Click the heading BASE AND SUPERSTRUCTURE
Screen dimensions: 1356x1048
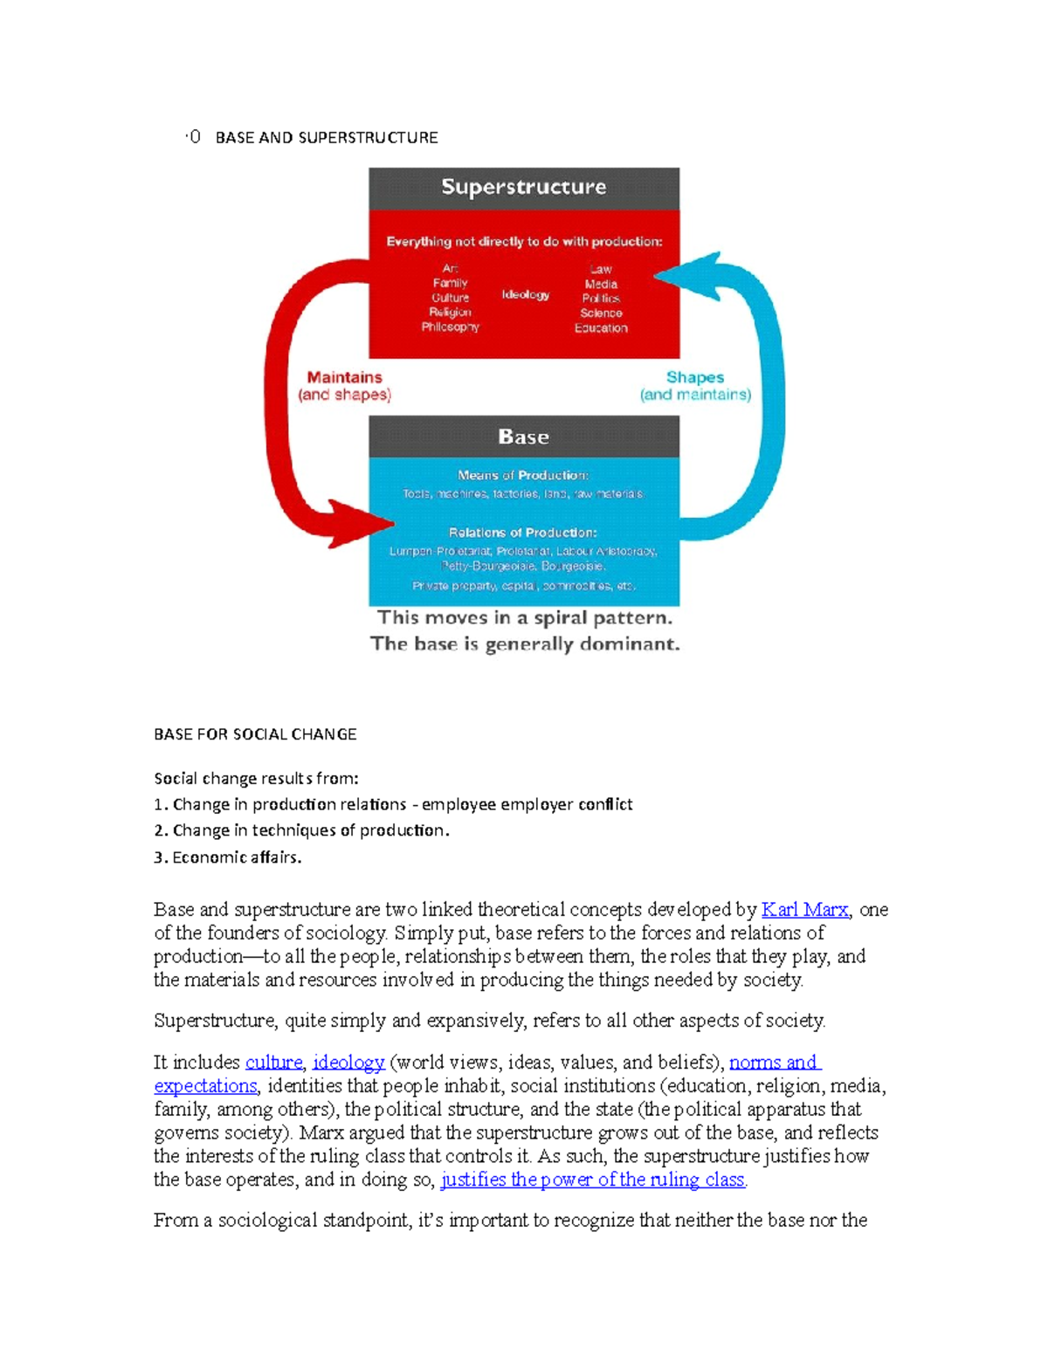tap(326, 137)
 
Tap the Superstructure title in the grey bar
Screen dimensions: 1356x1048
tap(523, 187)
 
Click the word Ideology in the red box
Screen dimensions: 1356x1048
tap(525, 294)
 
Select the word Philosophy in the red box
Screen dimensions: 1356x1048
tap(450, 327)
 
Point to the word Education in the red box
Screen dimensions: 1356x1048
tap(601, 327)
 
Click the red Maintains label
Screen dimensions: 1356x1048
tap(344, 377)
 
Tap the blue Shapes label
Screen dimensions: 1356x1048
tap(694, 377)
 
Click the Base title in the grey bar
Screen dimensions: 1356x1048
tap(523, 437)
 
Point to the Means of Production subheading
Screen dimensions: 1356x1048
tap(522, 475)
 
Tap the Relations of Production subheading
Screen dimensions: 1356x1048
tap(522, 532)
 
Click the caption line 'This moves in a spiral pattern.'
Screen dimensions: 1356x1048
tap(524, 618)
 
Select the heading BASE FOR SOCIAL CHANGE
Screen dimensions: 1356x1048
tap(255, 734)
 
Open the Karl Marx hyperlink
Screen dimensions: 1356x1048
tap(804, 910)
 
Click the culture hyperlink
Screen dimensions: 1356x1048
tap(273, 1063)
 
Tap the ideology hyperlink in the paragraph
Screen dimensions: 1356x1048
tap(348, 1063)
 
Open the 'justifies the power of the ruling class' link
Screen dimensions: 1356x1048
tap(592, 1180)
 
